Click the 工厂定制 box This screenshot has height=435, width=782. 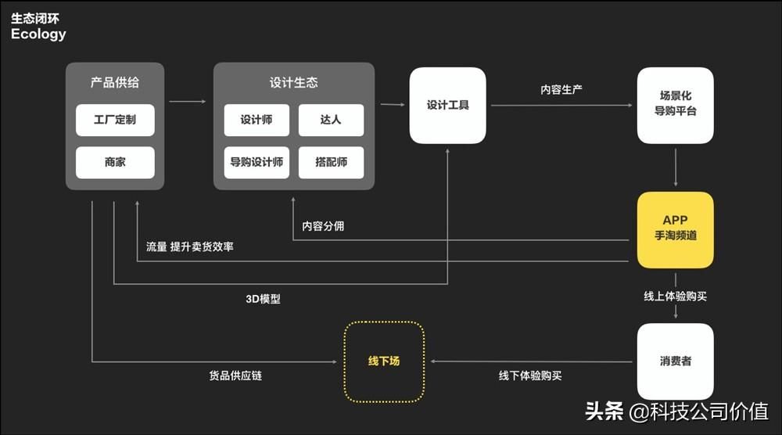[115, 120]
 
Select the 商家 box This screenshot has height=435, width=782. [115, 162]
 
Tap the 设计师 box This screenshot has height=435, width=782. [256, 120]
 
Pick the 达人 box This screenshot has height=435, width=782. [331, 120]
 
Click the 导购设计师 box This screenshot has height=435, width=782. [256, 162]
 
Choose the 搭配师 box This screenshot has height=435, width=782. [331, 162]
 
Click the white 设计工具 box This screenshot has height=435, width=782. [447, 105]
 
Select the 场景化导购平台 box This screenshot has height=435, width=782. [675, 105]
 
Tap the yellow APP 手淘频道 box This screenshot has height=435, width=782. [675, 230]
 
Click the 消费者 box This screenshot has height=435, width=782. [675, 361]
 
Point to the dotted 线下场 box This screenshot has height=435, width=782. [384, 361]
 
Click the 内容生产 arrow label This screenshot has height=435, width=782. [561, 90]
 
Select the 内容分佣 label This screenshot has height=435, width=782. [323, 226]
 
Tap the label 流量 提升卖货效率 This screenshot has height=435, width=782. [189, 246]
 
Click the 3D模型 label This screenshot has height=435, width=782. [263, 299]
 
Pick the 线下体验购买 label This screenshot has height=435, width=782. [530, 376]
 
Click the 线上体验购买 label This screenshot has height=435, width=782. [675, 296]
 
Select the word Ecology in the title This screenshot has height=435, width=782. [38, 34]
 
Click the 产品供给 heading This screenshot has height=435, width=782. [115, 82]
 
